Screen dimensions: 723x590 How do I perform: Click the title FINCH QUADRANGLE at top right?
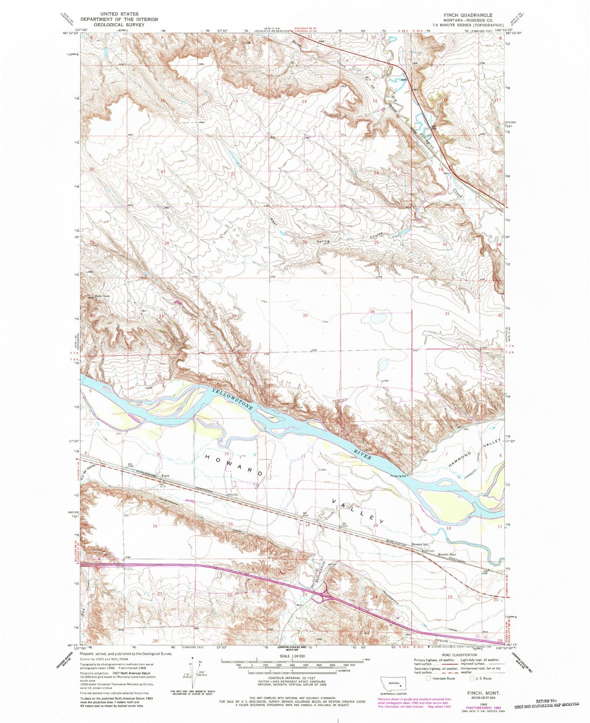click(x=468, y=15)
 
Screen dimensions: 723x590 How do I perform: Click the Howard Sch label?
click(x=419, y=545)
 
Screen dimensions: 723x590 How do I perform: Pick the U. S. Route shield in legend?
click(x=472, y=678)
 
